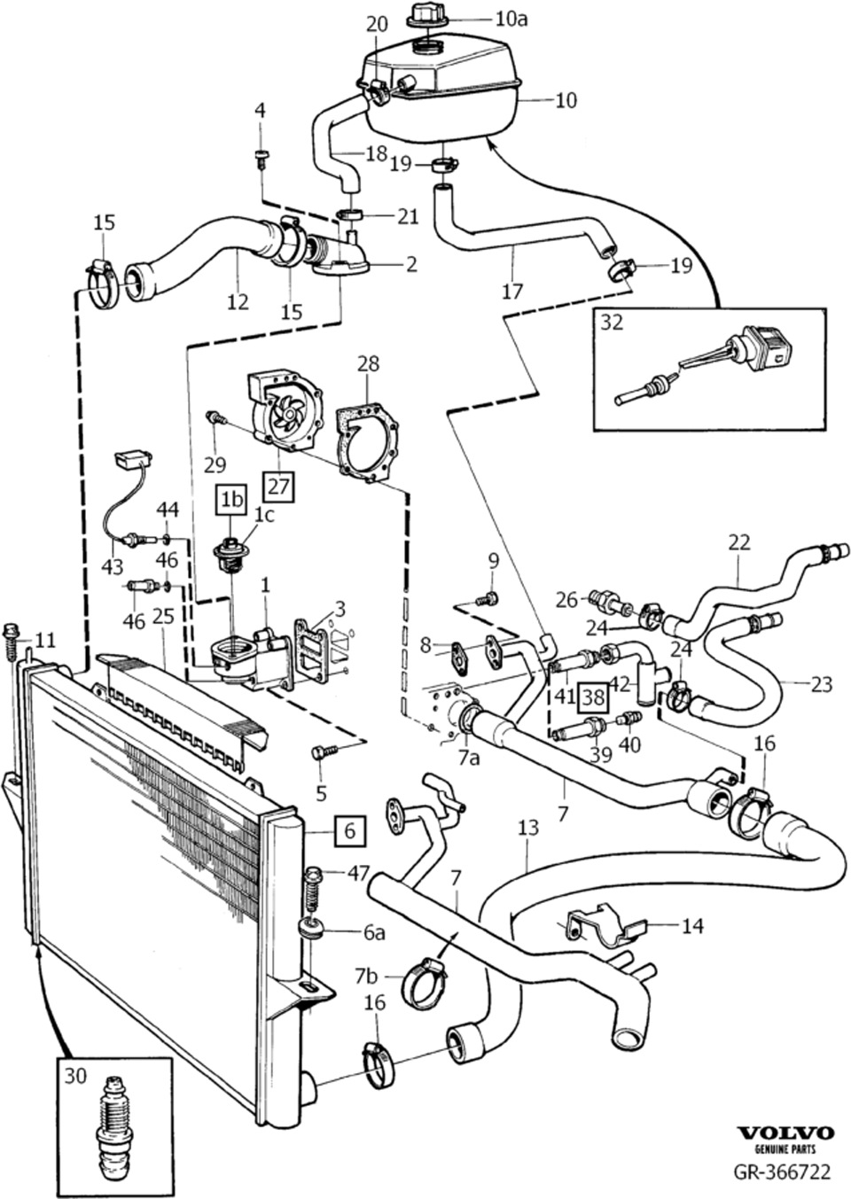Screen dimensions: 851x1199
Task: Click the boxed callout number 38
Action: (593, 697)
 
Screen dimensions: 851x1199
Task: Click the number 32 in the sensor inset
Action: (613, 323)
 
